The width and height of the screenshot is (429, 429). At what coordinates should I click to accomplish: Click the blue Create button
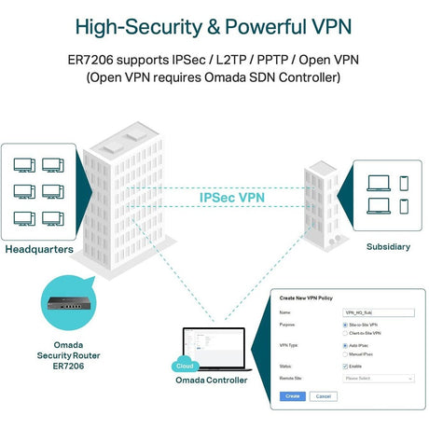pyautogui.click(x=292, y=396)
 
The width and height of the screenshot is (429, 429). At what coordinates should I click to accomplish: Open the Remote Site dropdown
pyautogui.click(x=378, y=379)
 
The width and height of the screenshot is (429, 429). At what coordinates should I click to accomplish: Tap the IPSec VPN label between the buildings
pyautogui.click(x=231, y=198)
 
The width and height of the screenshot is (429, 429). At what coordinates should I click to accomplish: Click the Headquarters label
pyautogui.click(x=38, y=249)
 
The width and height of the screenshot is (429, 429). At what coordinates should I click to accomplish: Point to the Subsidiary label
pyautogui.click(x=388, y=247)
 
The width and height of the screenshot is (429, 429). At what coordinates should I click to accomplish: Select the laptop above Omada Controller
pyautogui.click(x=214, y=347)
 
